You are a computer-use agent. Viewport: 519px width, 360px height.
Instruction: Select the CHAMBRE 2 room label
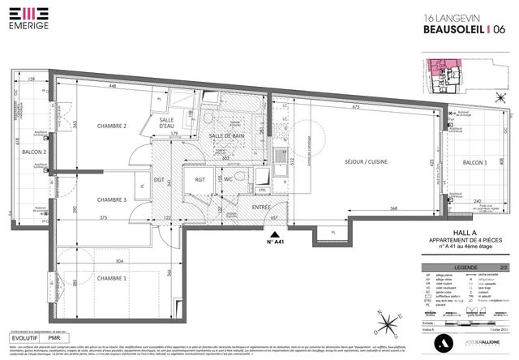[112, 126]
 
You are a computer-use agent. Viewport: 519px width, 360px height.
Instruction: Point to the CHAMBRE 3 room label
[112, 199]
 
